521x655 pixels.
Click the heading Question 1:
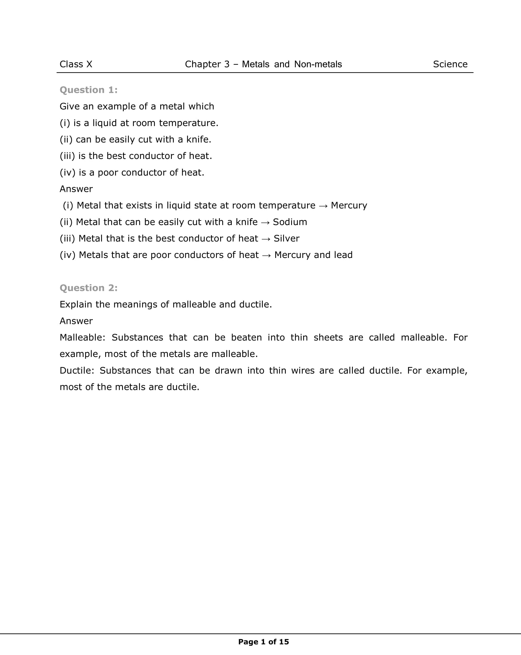(x=89, y=90)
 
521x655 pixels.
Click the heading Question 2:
(x=89, y=288)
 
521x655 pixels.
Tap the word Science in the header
(x=450, y=64)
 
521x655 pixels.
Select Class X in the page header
(x=76, y=64)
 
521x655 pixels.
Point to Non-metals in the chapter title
(x=318, y=64)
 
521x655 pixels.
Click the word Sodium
(x=290, y=222)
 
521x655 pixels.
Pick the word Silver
(x=286, y=238)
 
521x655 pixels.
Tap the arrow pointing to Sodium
(x=265, y=222)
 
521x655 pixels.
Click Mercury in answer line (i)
(x=349, y=206)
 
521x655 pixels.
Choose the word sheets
(x=328, y=337)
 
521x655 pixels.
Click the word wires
(x=303, y=371)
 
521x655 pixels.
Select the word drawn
(x=228, y=371)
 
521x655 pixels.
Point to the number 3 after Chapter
(x=227, y=64)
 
